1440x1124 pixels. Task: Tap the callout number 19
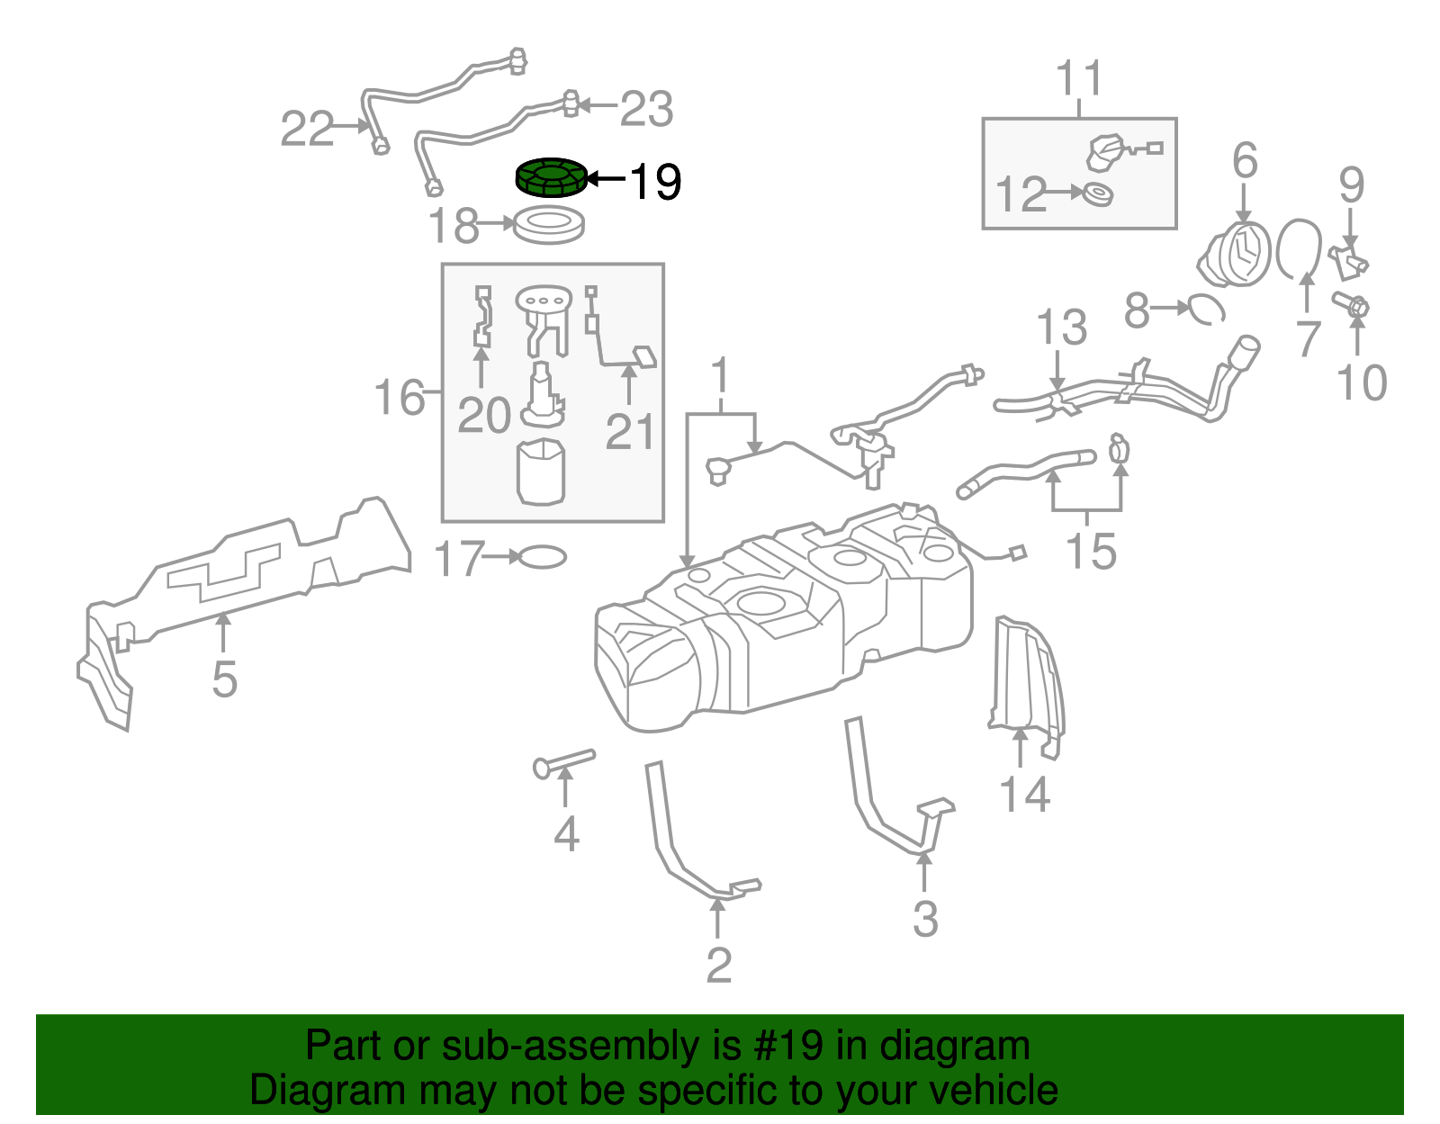click(655, 183)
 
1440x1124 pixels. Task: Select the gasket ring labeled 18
click(548, 224)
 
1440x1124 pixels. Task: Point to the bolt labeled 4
click(564, 761)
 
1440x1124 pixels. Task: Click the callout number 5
click(224, 679)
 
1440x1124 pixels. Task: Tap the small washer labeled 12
click(1097, 193)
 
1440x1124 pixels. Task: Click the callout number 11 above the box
click(1079, 79)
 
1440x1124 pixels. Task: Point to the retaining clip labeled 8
click(1206, 309)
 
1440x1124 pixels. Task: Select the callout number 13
click(1062, 328)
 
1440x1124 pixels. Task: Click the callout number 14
click(1025, 796)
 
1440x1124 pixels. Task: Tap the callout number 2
click(718, 966)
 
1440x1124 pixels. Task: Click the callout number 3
click(925, 919)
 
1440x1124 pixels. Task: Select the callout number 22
click(307, 129)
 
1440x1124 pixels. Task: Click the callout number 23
click(646, 110)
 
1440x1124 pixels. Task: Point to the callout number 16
click(399, 398)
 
